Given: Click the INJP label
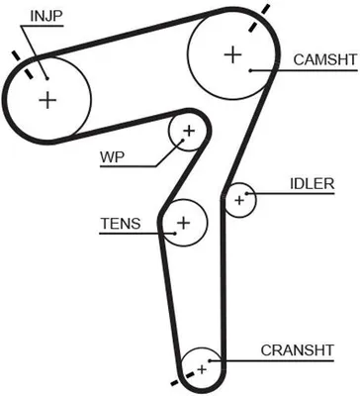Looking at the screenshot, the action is click(x=46, y=17).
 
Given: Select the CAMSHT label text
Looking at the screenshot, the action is click(x=325, y=60).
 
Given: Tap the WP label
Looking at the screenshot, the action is click(x=113, y=157).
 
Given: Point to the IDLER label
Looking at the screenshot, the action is click(x=312, y=184).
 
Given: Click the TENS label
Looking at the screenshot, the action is click(x=121, y=224).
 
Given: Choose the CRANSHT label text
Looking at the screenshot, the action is click(x=298, y=350).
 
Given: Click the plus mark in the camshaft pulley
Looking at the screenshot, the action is click(x=232, y=54).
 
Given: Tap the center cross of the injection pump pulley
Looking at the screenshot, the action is click(x=47, y=100).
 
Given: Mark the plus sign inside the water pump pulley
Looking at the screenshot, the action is click(x=189, y=131).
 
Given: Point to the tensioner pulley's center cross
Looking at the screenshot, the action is click(x=184, y=223).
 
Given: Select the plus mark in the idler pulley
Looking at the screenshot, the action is click(x=239, y=200).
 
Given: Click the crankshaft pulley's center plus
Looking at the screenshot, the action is click(x=202, y=369).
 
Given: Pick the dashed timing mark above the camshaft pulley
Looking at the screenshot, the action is click(x=259, y=18).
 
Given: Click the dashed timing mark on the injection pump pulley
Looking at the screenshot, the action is click(x=22, y=64).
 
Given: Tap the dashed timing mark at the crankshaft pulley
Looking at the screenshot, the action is click(x=183, y=378).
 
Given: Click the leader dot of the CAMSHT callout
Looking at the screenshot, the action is click(x=250, y=70).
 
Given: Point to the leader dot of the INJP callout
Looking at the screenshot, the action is click(x=47, y=78).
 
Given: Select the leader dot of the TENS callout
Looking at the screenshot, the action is click(x=175, y=234).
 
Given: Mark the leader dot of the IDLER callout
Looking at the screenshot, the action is click(x=246, y=193).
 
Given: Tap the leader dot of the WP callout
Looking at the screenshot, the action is click(x=182, y=141).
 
